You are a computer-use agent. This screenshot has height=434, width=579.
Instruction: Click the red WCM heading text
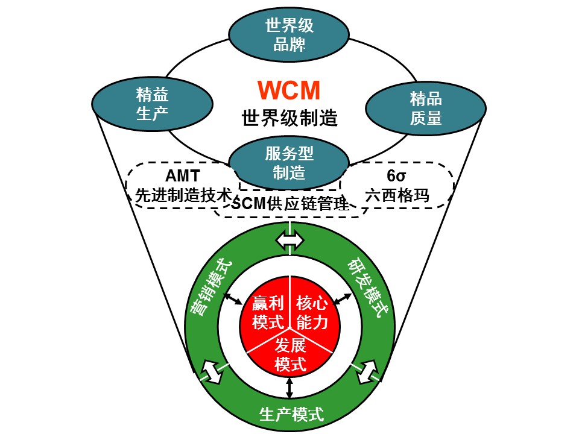[x=289, y=90]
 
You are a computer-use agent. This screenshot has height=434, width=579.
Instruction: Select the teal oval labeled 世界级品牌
[x=289, y=35]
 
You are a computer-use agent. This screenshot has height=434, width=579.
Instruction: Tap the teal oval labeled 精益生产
[x=151, y=103]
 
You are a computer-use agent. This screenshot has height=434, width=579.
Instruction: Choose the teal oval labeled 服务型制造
[x=289, y=163]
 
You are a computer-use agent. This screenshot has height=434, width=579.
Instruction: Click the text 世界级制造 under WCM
[x=289, y=117]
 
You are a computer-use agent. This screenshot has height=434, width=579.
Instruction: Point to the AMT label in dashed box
[x=181, y=177]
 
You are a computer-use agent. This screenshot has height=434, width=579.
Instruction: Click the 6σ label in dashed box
[x=398, y=177]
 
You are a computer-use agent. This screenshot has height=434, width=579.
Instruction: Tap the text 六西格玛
[x=399, y=195]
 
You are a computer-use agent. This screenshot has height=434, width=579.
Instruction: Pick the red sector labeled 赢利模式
[x=268, y=312]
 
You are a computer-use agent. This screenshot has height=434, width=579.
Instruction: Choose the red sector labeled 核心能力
[x=312, y=312]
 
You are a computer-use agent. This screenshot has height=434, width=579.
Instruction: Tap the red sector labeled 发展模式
[x=290, y=354]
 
